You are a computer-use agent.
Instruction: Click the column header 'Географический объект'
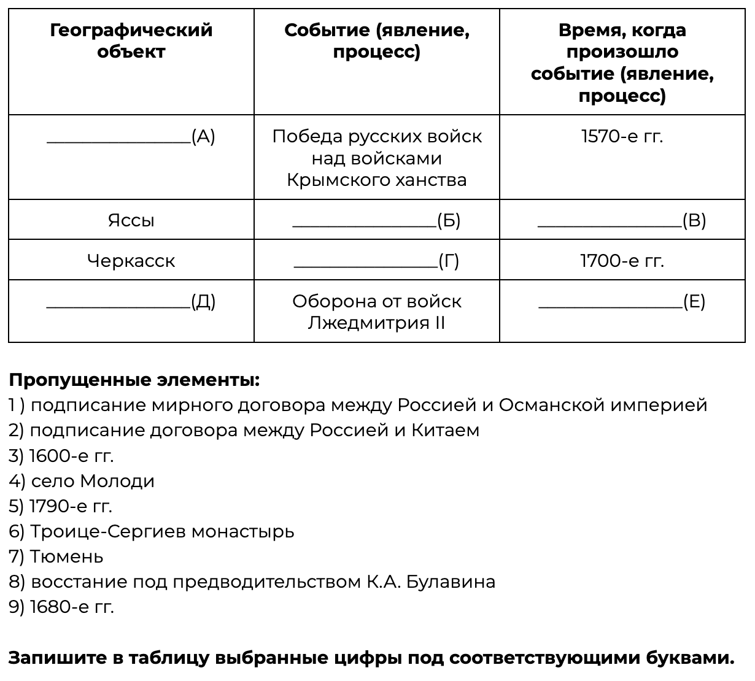point(131,40)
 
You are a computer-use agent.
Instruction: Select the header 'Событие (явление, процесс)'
point(376,40)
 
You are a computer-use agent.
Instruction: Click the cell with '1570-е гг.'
point(622,136)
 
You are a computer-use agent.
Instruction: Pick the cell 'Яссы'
point(131,220)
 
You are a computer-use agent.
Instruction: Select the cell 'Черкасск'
point(131,261)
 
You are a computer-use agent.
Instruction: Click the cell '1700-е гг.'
point(622,261)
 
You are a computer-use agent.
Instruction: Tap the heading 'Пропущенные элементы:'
point(134,380)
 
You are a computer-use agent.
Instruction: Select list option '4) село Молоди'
point(82,481)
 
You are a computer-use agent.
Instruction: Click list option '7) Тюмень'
point(56,556)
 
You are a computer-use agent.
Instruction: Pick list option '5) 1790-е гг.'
point(61,506)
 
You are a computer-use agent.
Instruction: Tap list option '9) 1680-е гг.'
point(61,607)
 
